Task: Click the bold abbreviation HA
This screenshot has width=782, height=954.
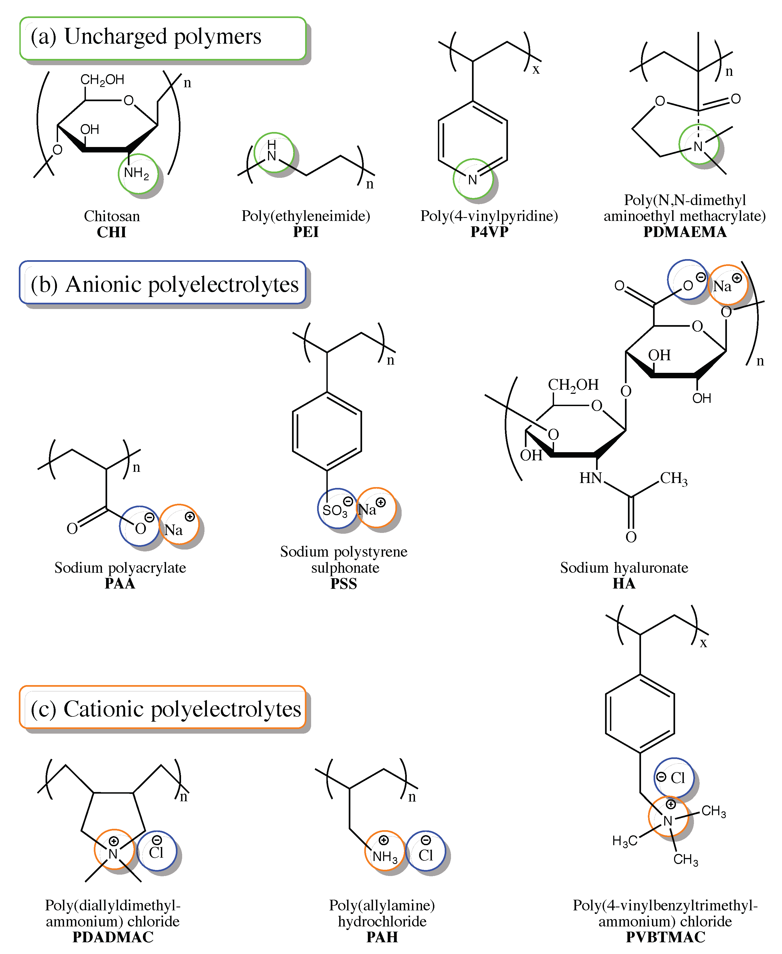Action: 624,584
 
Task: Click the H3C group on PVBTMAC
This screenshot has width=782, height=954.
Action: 625,841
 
